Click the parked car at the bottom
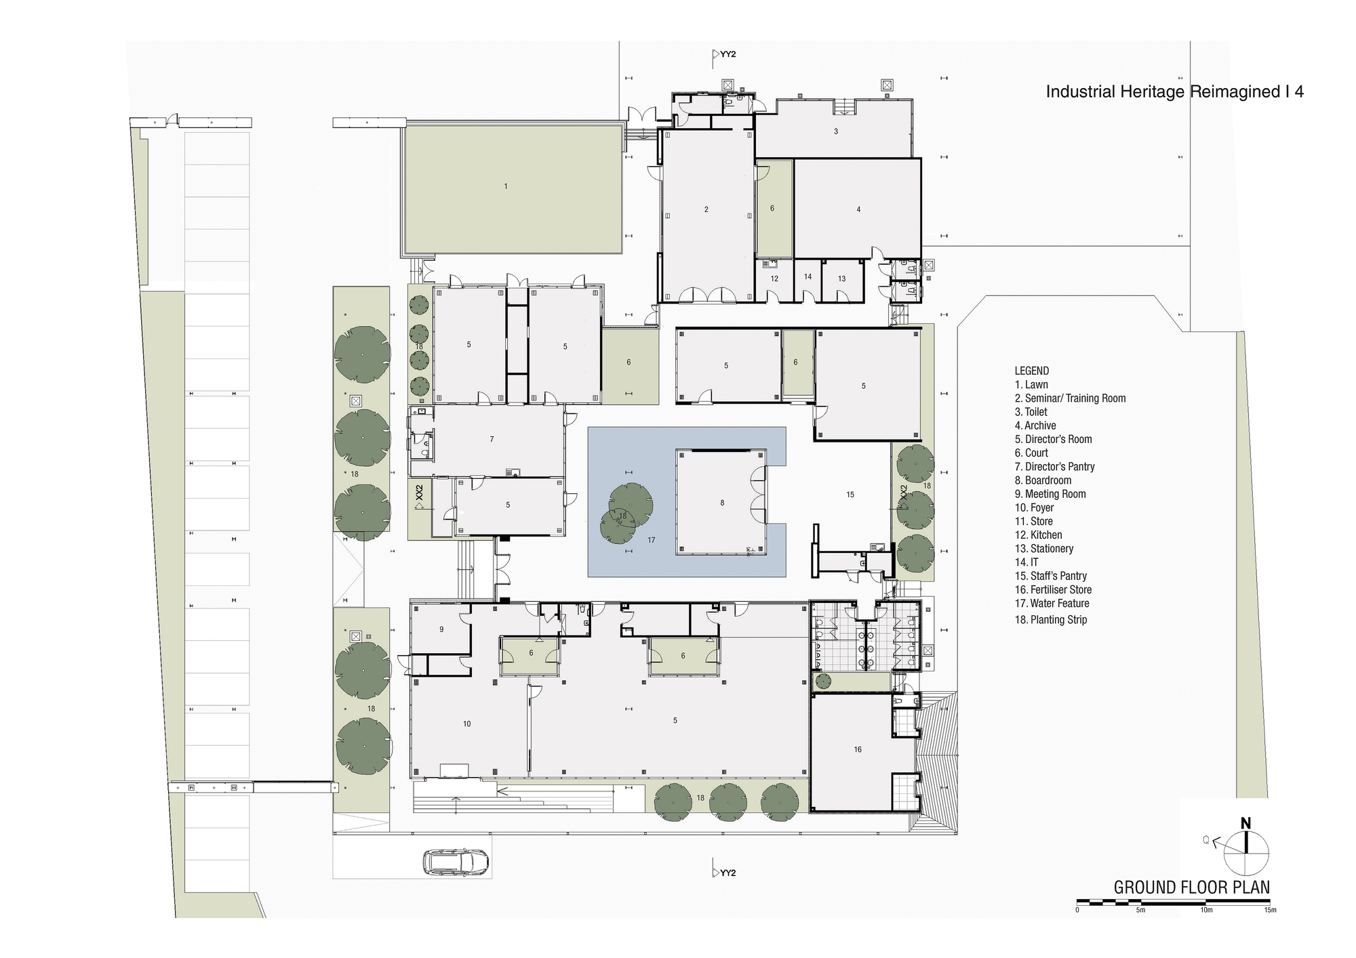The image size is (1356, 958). (x=456, y=862)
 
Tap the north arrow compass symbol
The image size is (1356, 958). (x=1245, y=852)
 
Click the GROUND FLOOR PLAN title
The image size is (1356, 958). (x=1191, y=887)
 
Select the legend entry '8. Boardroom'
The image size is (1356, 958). (x=1043, y=480)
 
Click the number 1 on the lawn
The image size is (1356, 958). (x=505, y=186)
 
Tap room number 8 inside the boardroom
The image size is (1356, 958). (x=722, y=503)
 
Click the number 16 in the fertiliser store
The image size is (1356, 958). (x=858, y=749)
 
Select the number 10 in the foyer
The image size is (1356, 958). (x=466, y=724)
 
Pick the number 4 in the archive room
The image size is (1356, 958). (x=858, y=210)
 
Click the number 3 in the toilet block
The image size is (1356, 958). (x=835, y=131)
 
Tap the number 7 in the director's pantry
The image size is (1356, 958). (x=492, y=440)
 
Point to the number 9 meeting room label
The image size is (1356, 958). (x=441, y=629)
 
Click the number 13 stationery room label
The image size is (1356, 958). (x=841, y=278)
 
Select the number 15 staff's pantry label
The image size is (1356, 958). (x=850, y=495)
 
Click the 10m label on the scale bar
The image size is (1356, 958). (x=1206, y=910)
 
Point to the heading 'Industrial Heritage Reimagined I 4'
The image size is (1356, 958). (x=1174, y=92)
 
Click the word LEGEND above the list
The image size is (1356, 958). (x=1031, y=371)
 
